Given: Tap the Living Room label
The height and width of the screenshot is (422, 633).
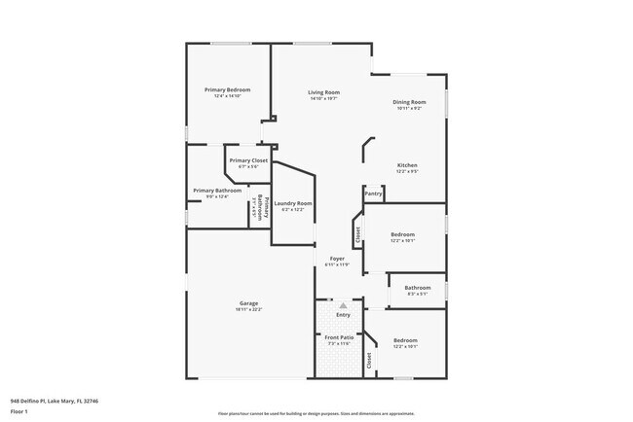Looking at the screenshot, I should click(x=323, y=91).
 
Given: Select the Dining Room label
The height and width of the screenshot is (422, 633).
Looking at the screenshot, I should click(x=409, y=102).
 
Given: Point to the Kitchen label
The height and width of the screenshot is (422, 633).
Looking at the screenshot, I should click(x=407, y=165).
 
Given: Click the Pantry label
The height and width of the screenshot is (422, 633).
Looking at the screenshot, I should click(x=373, y=193).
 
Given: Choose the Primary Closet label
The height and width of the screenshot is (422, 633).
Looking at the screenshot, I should click(x=246, y=160).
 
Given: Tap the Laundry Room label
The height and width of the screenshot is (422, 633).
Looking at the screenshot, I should click(x=292, y=203).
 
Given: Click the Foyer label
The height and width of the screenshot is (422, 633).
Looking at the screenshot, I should click(x=336, y=260).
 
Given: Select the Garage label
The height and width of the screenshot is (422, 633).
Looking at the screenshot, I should click(x=248, y=302).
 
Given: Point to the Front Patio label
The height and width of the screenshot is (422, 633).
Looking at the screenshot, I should click(x=338, y=337).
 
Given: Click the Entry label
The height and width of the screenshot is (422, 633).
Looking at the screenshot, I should click(x=343, y=314).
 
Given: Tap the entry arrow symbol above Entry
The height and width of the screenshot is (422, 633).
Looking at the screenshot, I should click(x=343, y=305).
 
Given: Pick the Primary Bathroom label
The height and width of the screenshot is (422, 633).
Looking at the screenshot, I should click(x=216, y=191).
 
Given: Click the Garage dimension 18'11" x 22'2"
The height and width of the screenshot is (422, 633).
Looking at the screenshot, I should click(x=248, y=309).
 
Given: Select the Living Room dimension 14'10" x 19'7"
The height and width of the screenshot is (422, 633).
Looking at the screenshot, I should click(x=323, y=98).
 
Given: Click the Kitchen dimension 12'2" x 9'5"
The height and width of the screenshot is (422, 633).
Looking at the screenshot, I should click(x=407, y=172).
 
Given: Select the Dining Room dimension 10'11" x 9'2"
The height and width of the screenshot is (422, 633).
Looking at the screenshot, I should click(x=409, y=109).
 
